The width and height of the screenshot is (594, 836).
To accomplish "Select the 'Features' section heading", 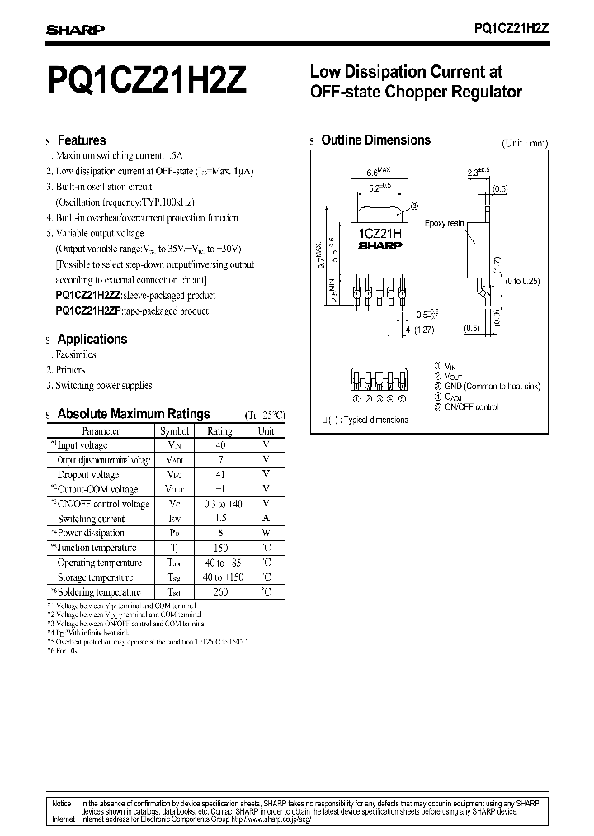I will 81,140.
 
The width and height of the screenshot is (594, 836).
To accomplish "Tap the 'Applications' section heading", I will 92,339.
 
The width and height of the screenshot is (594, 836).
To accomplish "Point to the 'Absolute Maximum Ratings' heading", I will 133,414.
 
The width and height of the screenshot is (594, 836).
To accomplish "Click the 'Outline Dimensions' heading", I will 375,140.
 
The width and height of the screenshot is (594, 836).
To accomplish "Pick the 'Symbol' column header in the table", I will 174,430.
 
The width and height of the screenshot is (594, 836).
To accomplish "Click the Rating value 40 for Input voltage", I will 219,445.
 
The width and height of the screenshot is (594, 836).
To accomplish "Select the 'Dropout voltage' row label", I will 87,475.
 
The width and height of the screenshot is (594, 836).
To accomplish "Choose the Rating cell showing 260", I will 219,592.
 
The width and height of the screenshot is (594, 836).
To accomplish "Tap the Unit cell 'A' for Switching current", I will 266,519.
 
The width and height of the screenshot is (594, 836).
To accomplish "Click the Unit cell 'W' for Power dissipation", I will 266,534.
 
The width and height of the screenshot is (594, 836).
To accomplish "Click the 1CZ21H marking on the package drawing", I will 380,234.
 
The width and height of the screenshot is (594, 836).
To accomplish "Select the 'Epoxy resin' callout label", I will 445,224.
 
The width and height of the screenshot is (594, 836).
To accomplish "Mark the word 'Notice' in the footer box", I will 62,802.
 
